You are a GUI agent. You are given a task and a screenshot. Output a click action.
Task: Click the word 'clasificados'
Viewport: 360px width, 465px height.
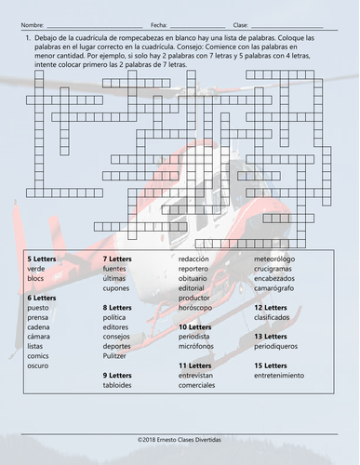(x=273, y=317)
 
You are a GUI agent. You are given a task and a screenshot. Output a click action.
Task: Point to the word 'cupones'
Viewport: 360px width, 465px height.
(x=117, y=287)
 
